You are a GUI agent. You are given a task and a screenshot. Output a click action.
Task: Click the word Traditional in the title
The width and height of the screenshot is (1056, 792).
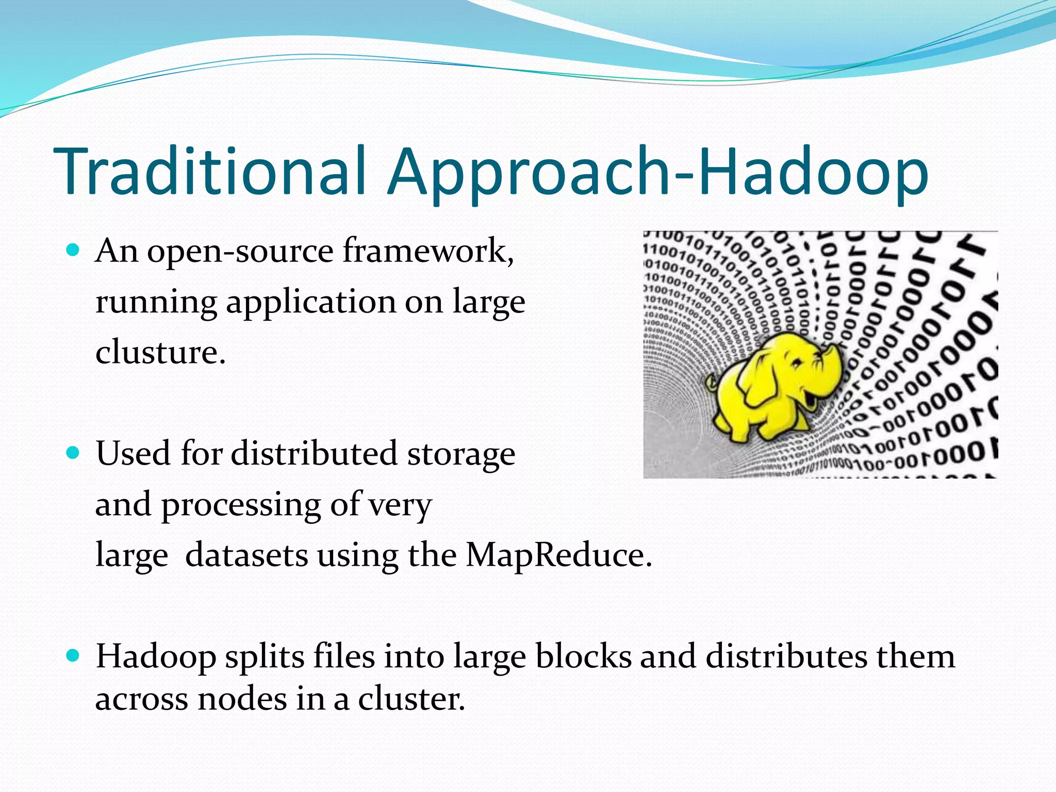pyautogui.click(x=212, y=171)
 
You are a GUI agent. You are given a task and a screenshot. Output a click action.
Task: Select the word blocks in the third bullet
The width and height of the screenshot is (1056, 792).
pyautogui.click(x=583, y=656)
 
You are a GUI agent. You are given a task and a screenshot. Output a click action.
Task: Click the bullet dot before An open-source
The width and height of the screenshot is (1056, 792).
pyautogui.click(x=74, y=251)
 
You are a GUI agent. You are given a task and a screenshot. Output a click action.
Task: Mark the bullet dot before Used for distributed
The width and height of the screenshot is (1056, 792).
pyautogui.click(x=74, y=453)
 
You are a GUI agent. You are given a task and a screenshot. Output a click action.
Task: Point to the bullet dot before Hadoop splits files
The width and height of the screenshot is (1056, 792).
pyautogui.click(x=74, y=656)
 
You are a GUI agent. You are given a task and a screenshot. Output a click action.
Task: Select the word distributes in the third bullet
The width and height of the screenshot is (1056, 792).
pyautogui.click(x=786, y=656)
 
